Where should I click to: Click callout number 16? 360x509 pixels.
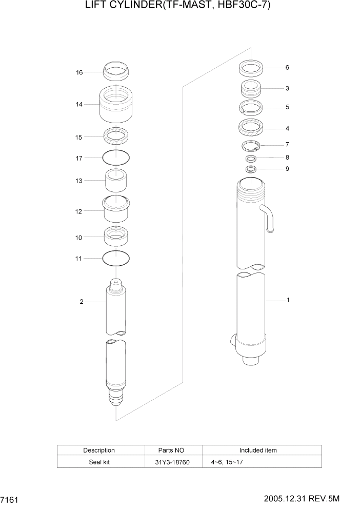[79, 72]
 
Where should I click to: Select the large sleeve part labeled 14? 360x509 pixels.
[116, 105]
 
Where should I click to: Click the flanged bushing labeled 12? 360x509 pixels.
[116, 210]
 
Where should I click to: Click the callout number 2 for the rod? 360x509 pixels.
[81, 302]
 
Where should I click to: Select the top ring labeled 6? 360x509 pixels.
[251, 68]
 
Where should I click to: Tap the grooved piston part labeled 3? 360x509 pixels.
[251, 89]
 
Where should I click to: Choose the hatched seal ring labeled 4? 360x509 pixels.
[251, 128]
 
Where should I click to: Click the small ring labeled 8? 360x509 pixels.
[251, 158]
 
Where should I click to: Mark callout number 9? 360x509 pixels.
[287, 168]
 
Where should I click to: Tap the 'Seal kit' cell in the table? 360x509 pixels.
[99, 462]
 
